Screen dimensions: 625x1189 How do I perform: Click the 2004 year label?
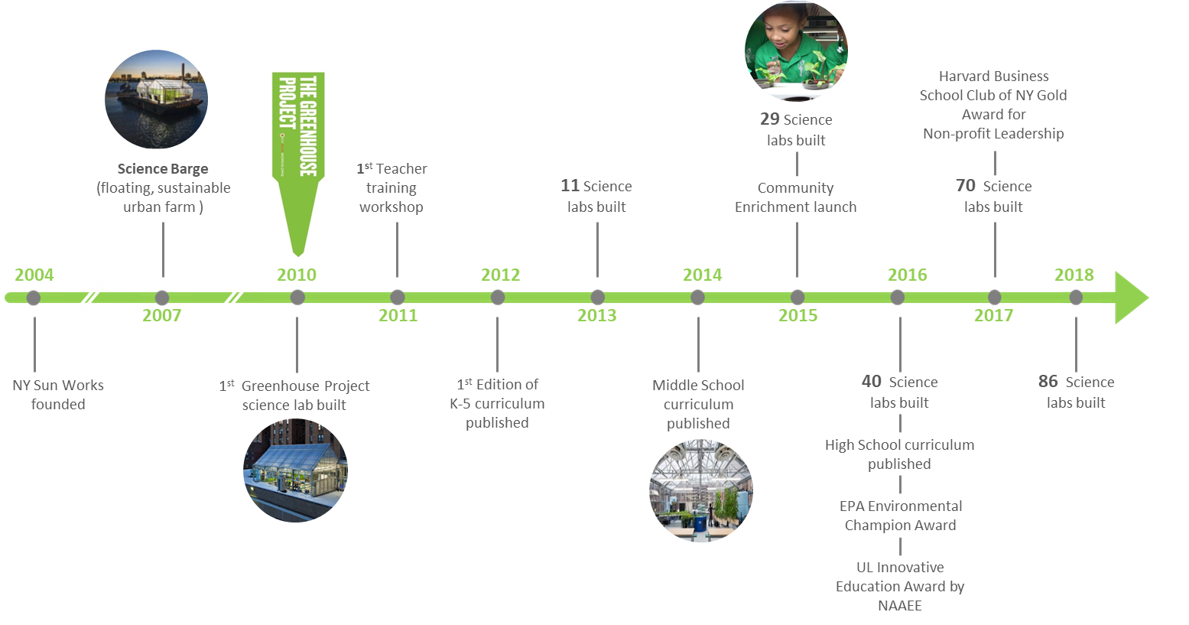pyautogui.click(x=34, y=275)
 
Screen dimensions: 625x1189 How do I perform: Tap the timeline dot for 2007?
pyautogui.click(x=161, y=298)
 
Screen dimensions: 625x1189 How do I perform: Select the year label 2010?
pyautogui.click(x=297, y=275)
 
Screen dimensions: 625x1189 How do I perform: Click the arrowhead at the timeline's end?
pyautogui.click(x=1130, y=298)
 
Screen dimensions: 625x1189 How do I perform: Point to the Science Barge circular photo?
pyautogui.click(x=156, y=100)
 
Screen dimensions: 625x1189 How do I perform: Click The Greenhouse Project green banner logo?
pyautogui.click(x=298, y=163)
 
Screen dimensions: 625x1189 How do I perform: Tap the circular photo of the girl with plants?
pyautogui.click(x=796, y=50)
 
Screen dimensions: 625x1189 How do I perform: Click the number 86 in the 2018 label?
pyautogui.click(x=1048, y=381)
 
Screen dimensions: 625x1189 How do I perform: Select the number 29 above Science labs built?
pyautogui.click(x=770, y=119)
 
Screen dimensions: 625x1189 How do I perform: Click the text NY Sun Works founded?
pyautogui.click(x=58, y=395)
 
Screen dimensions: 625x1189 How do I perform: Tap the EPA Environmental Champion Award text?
pyautogui.click(x=901, y=516)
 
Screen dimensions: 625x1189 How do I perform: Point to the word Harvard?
pyautogui.click(x=961, y=76)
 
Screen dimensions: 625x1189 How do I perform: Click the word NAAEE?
pyautogui.click(x=900, y=605)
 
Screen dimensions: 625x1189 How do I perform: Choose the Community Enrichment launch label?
pyautogui.click(x=795, y=197)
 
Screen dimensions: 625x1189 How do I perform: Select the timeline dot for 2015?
pyautogui.click(x=798, y=297)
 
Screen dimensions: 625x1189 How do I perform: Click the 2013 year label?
pyautogui.click(x=596, y=315)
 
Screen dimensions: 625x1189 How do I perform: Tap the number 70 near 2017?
pyautogui.click(x=966, y=185)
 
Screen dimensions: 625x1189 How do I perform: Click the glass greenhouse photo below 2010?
pyautogui.click(x=295, y=470)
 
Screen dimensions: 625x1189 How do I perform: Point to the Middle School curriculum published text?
pyautogui.click(x=698, y=404)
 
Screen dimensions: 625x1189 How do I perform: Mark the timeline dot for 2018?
pyautogui.click(x=1076, y=297)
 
